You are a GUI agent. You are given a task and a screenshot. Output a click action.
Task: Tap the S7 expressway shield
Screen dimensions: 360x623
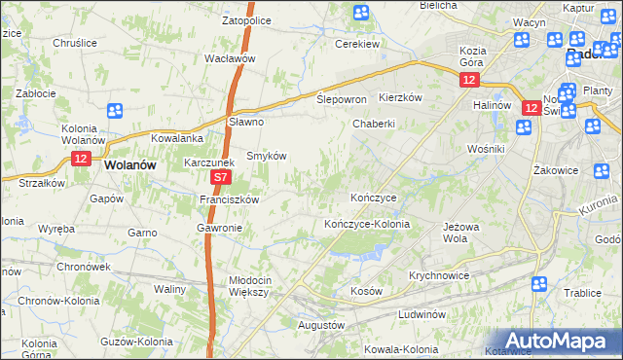click(222, 178)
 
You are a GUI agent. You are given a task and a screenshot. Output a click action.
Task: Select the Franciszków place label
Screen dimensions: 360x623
click(228, 198)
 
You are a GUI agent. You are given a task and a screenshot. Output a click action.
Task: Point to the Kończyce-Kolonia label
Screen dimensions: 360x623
click(367, 224)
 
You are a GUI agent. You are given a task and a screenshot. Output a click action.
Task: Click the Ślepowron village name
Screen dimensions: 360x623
click(341, 100)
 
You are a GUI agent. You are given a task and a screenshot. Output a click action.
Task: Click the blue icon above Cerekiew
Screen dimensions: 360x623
click(361, 13)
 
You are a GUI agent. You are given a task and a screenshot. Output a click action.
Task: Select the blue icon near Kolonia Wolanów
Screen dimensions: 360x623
click(115, 112)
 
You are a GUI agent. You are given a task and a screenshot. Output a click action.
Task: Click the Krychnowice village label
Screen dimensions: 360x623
click(440, 275)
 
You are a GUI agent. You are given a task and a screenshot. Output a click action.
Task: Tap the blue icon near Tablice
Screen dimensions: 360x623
click(538, 283)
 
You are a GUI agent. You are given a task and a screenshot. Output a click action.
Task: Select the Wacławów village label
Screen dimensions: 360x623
click(230, 58)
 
